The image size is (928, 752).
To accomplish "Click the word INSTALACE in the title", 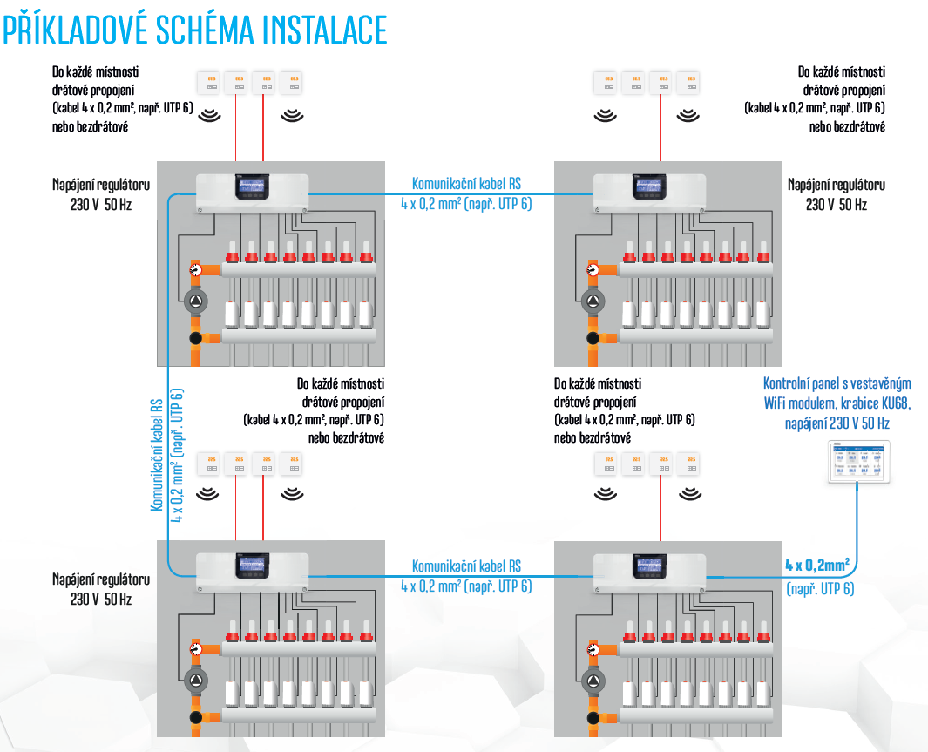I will point(322,30).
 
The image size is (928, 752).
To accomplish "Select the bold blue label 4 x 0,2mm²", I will point(816,564).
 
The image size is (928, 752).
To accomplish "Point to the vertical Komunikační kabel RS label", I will point(158,455).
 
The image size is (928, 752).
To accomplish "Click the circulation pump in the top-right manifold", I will point(593,303).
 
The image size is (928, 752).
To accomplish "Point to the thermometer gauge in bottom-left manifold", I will point(196,650).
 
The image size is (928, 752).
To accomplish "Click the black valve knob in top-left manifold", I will point(195,337).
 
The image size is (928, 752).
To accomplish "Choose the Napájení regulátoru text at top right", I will point(836,185).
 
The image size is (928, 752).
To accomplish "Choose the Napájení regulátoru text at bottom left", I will point(101,579).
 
